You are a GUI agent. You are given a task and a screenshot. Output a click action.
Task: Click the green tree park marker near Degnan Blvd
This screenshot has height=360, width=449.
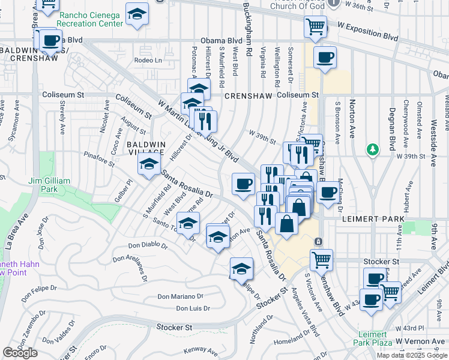[373, 148]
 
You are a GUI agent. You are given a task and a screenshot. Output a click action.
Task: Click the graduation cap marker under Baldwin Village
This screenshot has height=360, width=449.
[149, 164]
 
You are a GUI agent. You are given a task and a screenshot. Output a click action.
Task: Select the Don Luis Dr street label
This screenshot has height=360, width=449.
[193, 308]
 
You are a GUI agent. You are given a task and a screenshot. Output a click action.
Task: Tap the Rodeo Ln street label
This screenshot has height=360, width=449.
[148, 60]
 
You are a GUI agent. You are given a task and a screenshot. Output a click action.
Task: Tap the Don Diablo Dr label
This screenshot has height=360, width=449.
[148, 245]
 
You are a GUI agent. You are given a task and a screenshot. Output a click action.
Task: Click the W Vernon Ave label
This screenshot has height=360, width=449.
[420, 341]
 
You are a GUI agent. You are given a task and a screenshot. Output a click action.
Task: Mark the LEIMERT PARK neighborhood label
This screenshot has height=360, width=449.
[370, 220]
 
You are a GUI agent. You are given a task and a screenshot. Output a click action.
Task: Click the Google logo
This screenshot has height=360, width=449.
[20, 352]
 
